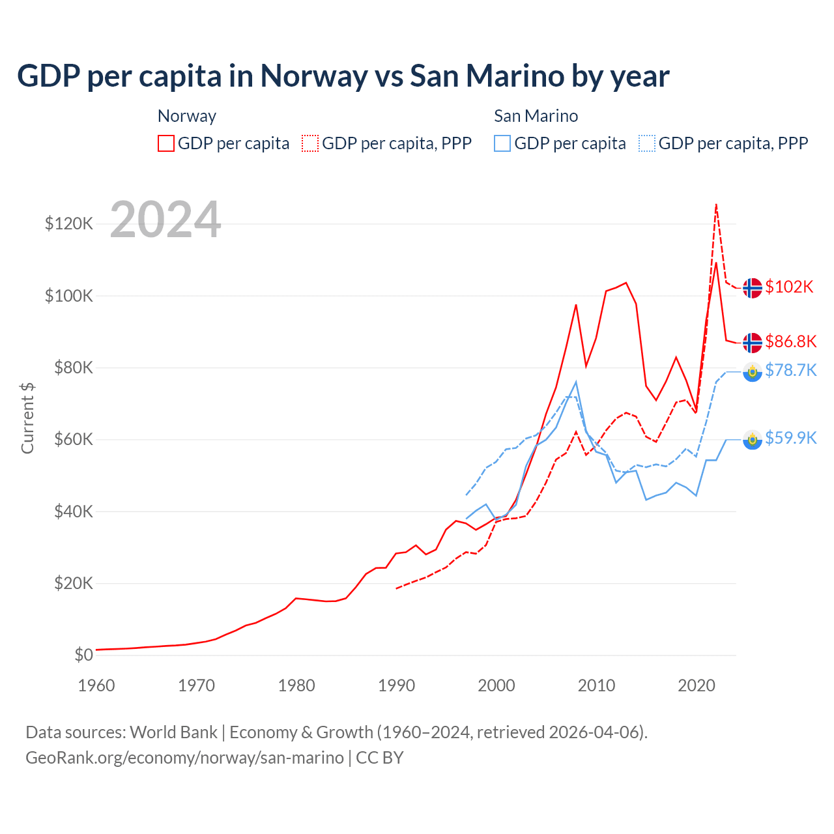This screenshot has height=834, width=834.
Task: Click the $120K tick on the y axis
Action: point(68,224)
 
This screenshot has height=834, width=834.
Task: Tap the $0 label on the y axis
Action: point(83,655)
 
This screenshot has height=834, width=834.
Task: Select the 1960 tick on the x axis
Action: point(96,685)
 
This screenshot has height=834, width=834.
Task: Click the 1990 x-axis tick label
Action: point(396,685)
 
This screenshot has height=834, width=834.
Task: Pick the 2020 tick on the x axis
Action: point(697,685)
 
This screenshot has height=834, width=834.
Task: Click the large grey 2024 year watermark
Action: point(165,220)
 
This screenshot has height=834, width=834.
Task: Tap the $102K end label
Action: point(789,287)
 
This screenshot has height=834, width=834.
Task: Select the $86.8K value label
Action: point(790,341)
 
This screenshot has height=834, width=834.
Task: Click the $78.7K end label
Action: point(790,371)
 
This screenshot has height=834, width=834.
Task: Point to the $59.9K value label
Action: point(790,438)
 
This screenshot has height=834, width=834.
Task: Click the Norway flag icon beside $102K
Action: point(753,287)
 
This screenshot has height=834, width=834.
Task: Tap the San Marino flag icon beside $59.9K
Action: point(753,439)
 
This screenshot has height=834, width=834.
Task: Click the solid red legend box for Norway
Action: point(166,143)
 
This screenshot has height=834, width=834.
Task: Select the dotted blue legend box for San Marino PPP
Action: point(647,143)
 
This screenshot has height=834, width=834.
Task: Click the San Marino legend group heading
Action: point(536,116)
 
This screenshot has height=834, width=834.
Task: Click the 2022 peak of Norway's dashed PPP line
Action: point(716,205)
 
